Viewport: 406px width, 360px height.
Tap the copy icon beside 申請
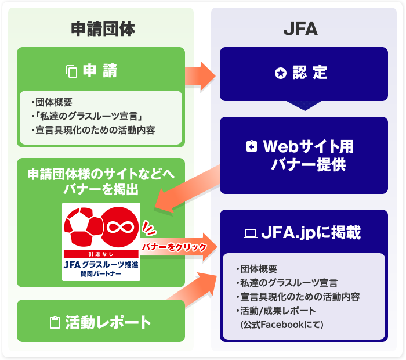72,72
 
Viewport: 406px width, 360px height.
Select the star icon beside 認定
281,74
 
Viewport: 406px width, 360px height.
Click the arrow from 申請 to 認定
200,74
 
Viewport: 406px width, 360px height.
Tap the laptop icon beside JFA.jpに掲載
250,233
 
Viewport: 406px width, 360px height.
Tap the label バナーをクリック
174,247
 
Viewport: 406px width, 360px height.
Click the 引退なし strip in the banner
101,254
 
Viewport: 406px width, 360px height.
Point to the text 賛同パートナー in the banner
101,273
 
